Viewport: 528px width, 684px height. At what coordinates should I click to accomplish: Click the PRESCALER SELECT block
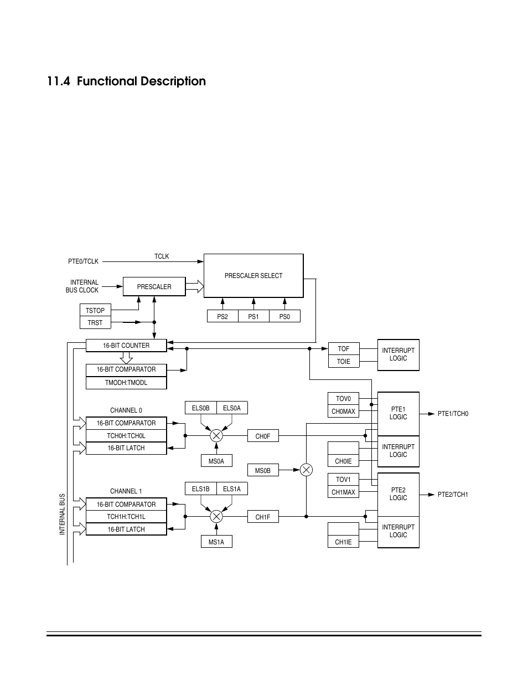click(253, 276)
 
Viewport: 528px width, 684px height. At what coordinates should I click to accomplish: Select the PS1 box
click(253, 316)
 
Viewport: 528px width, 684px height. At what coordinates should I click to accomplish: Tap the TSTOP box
click(95, 310)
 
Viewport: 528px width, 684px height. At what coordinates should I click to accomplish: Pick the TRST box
click(95, 322)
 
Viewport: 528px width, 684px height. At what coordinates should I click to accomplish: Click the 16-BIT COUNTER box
click(126, 346)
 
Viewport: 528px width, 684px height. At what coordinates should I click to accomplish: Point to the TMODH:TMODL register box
click(126, 383)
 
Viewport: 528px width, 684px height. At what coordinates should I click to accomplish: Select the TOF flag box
click(344, 349)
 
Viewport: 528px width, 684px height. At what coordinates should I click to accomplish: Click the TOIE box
click(344, 361)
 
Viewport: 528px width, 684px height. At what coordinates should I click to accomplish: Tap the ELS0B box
click(200, 408)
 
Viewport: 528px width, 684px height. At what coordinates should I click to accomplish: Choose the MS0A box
click(216, 460)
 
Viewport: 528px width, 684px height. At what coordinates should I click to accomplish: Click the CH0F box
click(263, 436)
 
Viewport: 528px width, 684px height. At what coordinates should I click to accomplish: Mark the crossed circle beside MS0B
click(306, 470)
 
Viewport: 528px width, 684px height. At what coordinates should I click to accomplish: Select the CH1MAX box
click(344, 492)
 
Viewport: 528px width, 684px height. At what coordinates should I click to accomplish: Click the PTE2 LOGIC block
click(398, 494)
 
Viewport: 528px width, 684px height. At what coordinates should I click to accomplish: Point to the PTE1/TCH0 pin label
click(453, 414)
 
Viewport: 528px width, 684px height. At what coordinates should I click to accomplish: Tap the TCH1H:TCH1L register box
click(126, 517)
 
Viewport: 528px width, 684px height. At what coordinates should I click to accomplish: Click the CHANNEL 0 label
click(126, 410)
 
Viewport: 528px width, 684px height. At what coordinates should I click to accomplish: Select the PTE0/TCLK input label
click(84, 261)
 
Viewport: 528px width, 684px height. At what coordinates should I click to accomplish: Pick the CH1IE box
click(344, 542)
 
